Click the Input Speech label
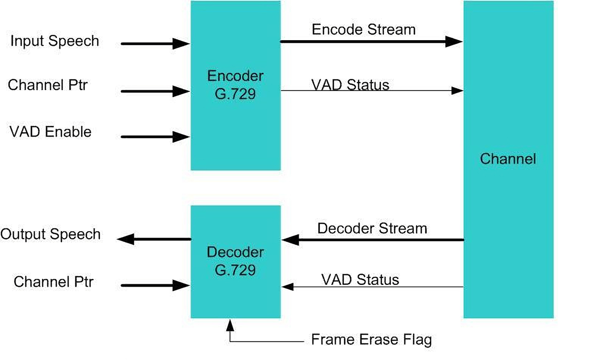click(x=54, y=41)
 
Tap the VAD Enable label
click(x=50, y=132)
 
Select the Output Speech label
click(x=50, y=234)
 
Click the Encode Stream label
click(x=364, y=30)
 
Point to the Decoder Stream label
click(x=372, y=228)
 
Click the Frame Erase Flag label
click(x=372, y=340)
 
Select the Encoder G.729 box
click(x=235, y=85)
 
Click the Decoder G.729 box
click(x=235, y=261)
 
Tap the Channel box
click(x=508, y=159)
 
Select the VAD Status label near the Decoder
click(x=360, y=280)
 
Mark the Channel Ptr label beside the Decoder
click(x=54, y=282)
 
